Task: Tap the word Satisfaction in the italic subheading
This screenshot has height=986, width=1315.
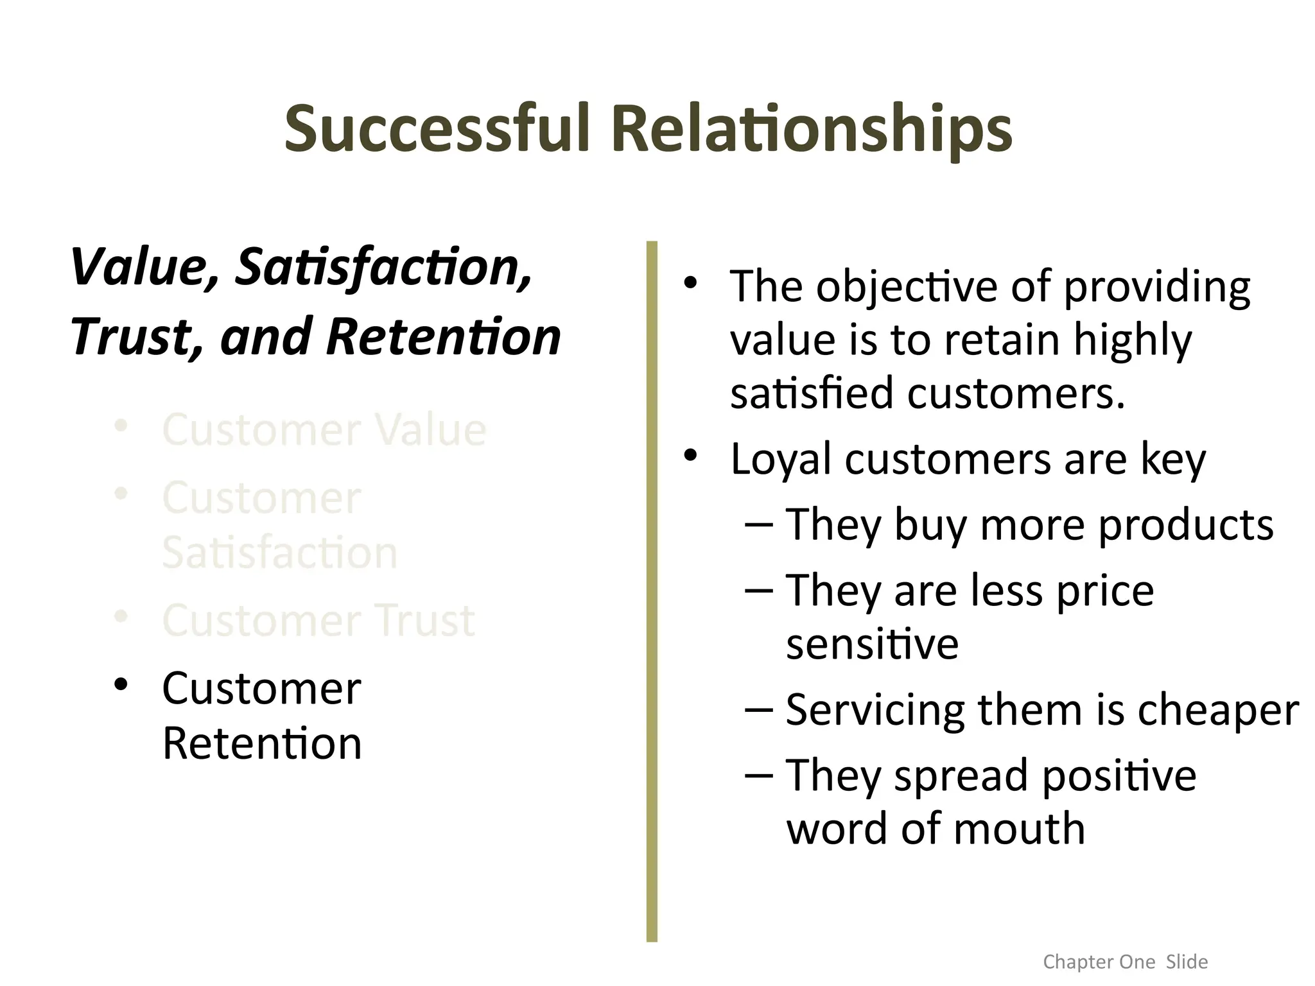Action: tap(383, 268)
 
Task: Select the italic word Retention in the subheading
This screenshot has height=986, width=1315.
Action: tap(444, 337)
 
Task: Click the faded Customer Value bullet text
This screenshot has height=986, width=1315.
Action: tap(324, 429)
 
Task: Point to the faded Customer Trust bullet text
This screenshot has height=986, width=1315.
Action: tap(318, 620)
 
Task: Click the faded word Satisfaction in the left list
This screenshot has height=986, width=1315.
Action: tap(280, 553)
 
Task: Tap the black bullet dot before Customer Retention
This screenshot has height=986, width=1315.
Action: tap(121, 684)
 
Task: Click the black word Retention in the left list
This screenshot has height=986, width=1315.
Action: tap(262, 743)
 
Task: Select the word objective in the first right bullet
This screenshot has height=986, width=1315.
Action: tap(907, 287)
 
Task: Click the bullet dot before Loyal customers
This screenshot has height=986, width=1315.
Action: tap(690, 456)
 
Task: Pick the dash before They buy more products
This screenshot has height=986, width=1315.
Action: tap(759, 525)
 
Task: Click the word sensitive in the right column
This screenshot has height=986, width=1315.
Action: tap(872, 644)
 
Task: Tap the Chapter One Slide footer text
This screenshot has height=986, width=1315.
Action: tap(1125, 962)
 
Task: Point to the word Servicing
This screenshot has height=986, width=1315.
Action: tap(875, 711)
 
